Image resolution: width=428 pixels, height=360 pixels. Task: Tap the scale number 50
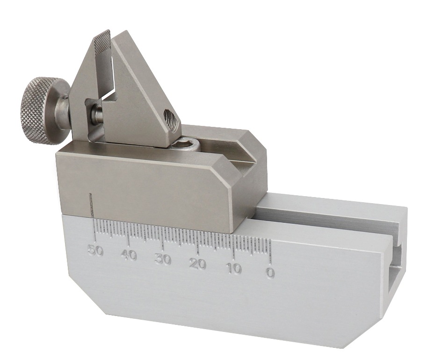point(94,250)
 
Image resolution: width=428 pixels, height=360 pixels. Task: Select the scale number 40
point(129,256)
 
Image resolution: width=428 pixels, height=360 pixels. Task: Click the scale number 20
point(197,264)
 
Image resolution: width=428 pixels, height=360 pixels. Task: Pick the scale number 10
point(233,269)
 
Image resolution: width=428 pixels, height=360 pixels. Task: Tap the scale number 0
point(270,272)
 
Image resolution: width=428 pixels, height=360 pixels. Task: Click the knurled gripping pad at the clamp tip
point(102,43)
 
